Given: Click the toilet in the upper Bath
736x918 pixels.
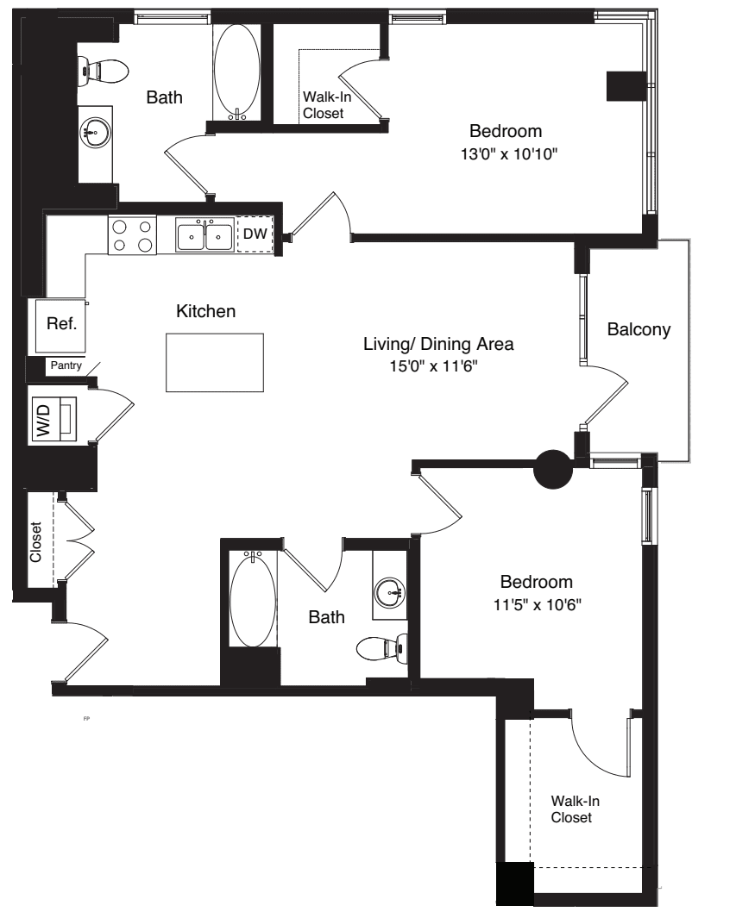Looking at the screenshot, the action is [103, 72].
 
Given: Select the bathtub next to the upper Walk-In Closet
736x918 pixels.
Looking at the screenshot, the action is [236, 72].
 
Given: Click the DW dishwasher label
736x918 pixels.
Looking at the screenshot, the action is [255, 234].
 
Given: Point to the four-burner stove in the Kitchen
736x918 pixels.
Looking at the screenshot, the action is [132, 235].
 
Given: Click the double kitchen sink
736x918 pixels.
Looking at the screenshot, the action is [205, 235].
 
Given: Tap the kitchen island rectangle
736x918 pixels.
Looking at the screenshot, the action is [215, 362].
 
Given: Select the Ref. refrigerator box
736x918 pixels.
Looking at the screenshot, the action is [61, 326].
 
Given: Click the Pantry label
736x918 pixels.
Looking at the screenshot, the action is [66, 365].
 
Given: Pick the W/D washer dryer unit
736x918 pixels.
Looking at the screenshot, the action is [53, 419].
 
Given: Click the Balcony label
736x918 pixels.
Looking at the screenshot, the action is [638, 329].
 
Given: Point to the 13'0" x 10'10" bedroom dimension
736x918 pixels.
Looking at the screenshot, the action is [508, 154].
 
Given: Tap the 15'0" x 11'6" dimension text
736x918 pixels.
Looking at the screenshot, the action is [434, 366].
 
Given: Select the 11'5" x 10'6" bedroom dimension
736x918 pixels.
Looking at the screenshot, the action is [537, 604].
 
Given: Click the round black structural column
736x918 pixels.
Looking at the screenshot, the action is [553, 468].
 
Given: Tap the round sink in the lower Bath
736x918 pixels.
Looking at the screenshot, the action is [389, 592].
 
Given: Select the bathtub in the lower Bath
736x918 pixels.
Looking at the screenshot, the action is [253, 600].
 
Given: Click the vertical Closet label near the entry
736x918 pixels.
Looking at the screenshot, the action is [35, 542].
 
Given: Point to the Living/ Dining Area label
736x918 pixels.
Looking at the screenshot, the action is [438, 344].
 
